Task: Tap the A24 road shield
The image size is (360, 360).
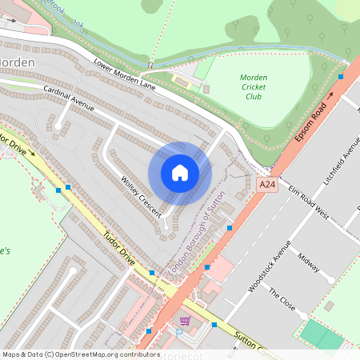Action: point(267,185)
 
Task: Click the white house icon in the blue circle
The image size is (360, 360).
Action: point(180,173)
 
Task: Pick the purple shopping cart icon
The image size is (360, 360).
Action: point(186,322)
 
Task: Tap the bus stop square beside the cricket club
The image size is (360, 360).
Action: point(342,77)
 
